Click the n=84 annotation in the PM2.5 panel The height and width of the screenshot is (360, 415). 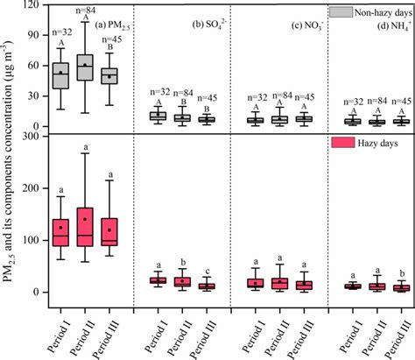click(x=85, y=8)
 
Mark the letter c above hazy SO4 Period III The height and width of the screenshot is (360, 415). click(x=207, y=270)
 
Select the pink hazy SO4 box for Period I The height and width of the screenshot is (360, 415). click(x=158, y=280)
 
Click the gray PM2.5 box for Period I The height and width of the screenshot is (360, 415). click(x=60, y=75)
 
